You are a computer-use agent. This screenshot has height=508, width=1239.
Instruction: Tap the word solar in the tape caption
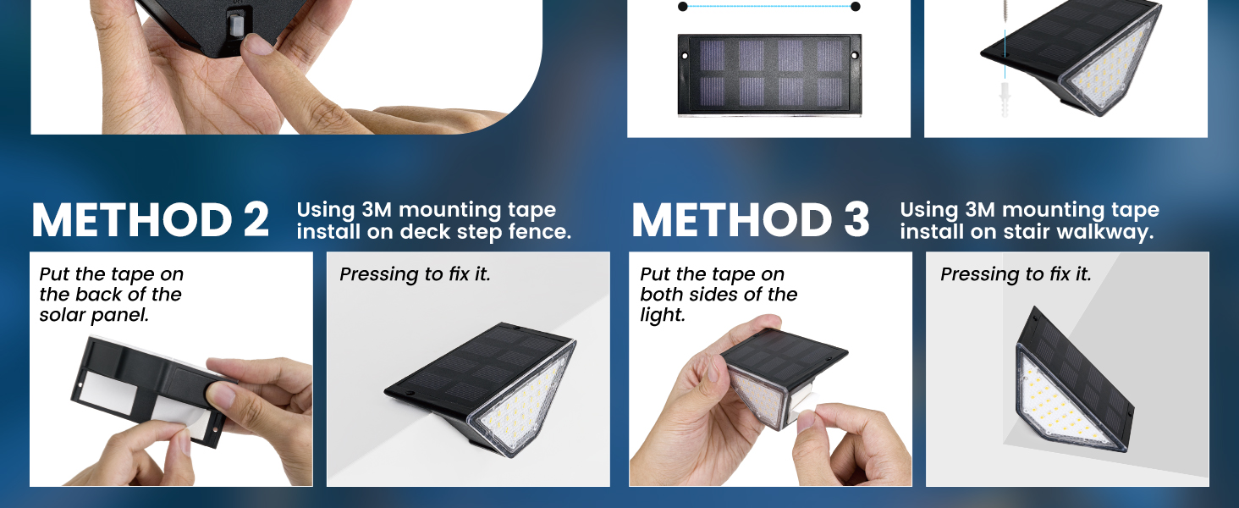click(62, 315)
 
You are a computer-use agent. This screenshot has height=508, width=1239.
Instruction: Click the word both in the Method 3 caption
click(662, 295)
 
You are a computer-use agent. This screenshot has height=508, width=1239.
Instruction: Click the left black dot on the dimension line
click(682, 7)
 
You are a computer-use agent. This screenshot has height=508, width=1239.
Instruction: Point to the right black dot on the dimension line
click(855, 7)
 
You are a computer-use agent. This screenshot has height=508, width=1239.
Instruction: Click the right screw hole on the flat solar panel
click(852, 55)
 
